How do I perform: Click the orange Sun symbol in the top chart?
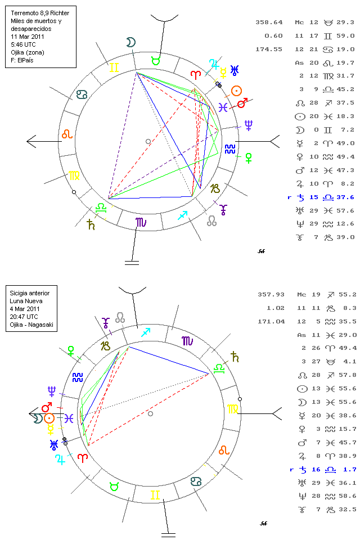(x=237, y=90)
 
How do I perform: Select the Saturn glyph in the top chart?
(x=91, y=225)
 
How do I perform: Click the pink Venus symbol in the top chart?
(x=248, y=158)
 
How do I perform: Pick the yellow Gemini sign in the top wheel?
(x=114, y=67)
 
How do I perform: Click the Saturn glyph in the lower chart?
(x=235, y=356)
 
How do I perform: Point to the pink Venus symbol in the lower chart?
(x=71, y=350)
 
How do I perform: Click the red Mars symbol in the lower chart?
(x=47, y=406)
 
